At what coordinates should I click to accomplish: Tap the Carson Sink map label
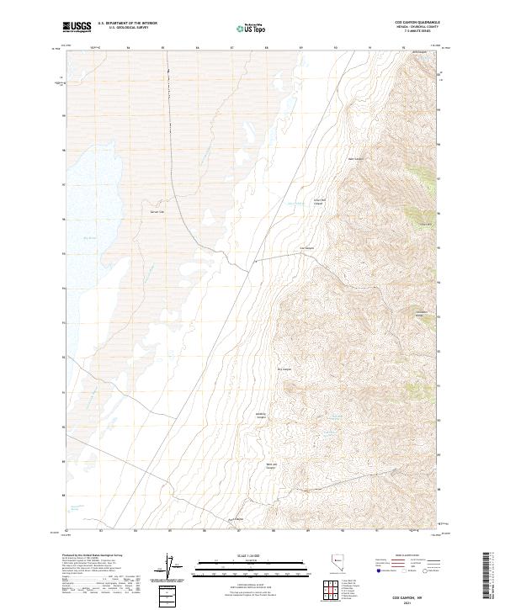coord(156,211)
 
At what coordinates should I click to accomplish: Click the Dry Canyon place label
coord(284,369)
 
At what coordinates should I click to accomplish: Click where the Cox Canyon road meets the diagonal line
coord(255,263)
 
